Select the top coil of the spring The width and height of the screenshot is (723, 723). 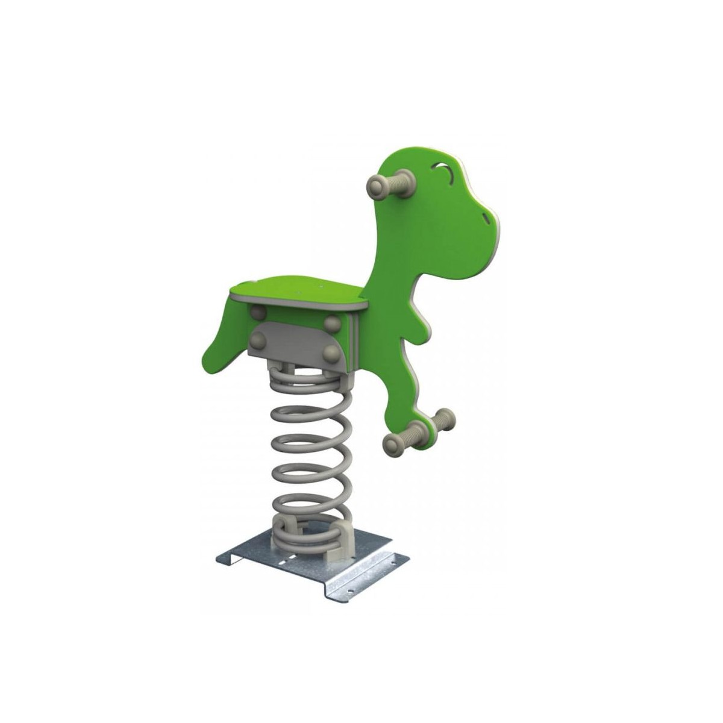[x=301, y=380]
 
